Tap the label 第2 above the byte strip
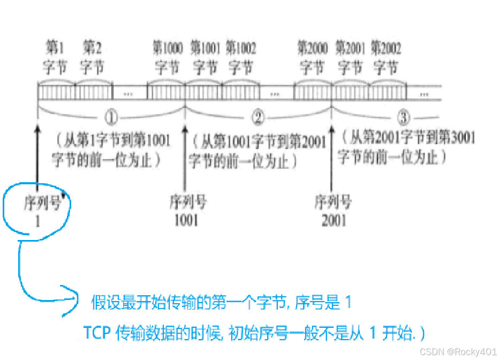92,48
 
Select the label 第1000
168,48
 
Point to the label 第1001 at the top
205,48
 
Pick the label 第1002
241,48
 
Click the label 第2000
313,48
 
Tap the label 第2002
385,48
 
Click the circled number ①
110,117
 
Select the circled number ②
258,117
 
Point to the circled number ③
405,117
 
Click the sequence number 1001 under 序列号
186,220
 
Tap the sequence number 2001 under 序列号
334,220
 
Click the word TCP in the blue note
97,333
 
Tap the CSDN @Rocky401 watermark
459,351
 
